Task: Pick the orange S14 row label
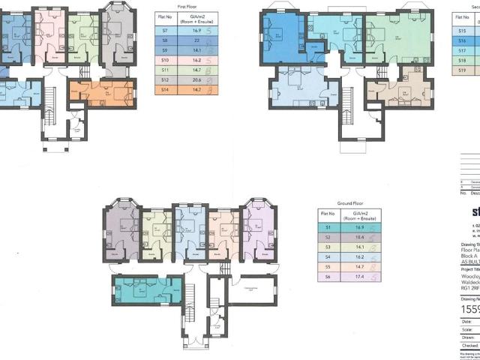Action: tap(164, 89)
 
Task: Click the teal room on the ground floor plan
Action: tap(147, 289)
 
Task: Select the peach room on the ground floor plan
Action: tap(223, 232)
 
